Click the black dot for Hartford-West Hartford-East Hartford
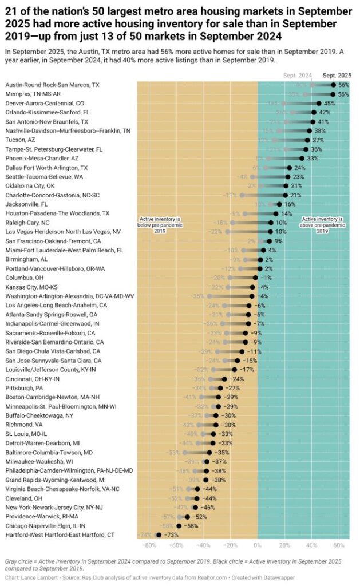pos(159,534)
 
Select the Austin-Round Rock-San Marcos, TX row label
pos(52,85)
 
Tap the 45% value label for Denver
pos(329,103)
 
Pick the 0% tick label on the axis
pos(258,544)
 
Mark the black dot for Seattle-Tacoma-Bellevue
pos(287,177)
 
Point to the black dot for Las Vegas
pos(270,232)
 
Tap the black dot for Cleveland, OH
pos(197,498)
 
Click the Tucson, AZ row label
pos(21,140)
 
